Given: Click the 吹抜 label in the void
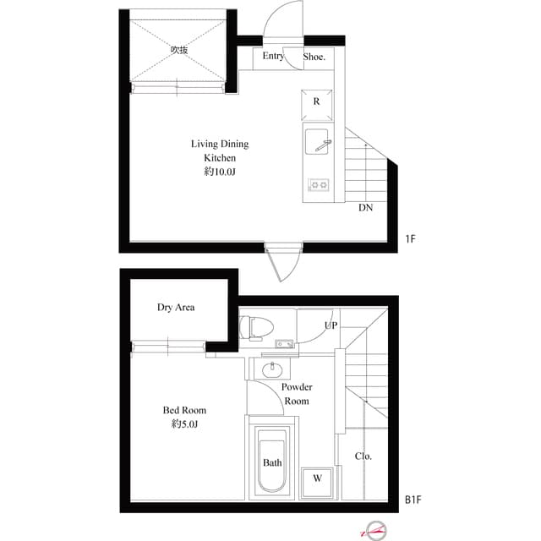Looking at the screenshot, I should click(178, 50).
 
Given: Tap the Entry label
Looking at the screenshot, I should click(272, 57).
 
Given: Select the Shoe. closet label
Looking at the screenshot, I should click(314, 57).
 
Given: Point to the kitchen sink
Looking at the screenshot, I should click(319, 141).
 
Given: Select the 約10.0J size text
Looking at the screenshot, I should click(219, 172).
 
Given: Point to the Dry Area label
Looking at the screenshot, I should click(176, 308).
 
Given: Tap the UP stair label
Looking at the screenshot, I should click(331, 325).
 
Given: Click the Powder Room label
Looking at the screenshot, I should click(296, 394).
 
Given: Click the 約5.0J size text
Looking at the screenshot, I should click(185, 424).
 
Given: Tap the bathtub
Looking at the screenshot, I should click(272, 462).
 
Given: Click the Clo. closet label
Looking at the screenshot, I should click(363, 456).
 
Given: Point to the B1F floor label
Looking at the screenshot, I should click(413, 500).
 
